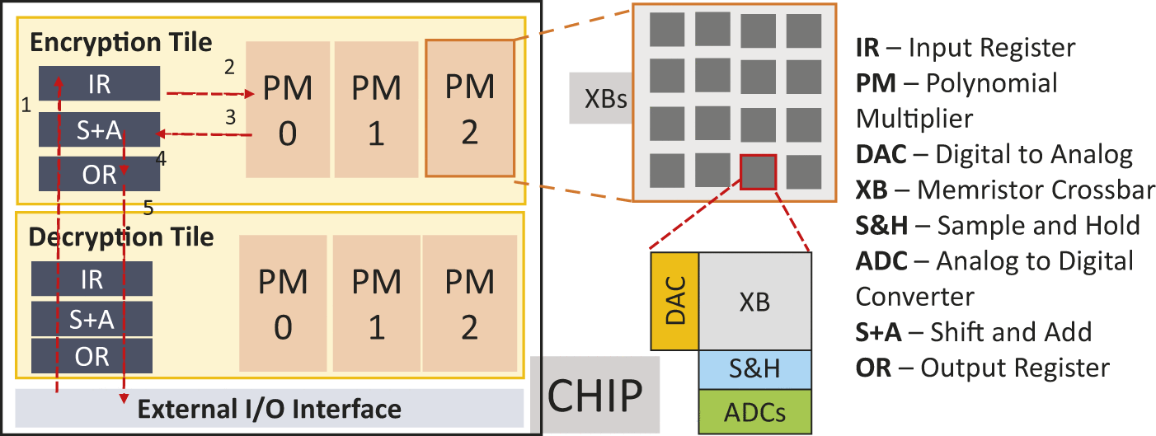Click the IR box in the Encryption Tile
(99, 82)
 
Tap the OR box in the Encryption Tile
(99, 173)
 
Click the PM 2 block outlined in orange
(470, 108)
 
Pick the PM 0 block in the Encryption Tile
(287, 110)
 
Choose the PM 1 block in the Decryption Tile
(376, 304)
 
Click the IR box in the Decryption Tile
(92, 279)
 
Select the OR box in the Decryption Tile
(92, 356)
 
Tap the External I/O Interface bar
(270, 408)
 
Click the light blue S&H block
(754, 368)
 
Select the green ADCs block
(754, 410)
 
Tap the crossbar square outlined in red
(759, 172)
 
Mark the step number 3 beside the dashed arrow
(232, 119)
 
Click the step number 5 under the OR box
(148, 209)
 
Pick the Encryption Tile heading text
(121, 42)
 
